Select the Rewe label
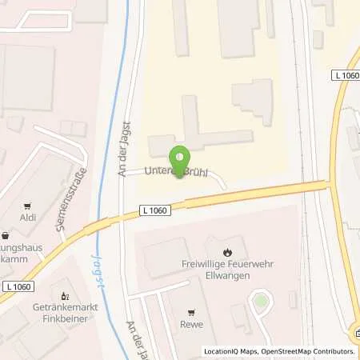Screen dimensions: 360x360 click(x=191, y=324)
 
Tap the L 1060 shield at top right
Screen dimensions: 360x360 click(x=346, y=74)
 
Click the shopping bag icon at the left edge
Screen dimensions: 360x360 click(x=6, y=236)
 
